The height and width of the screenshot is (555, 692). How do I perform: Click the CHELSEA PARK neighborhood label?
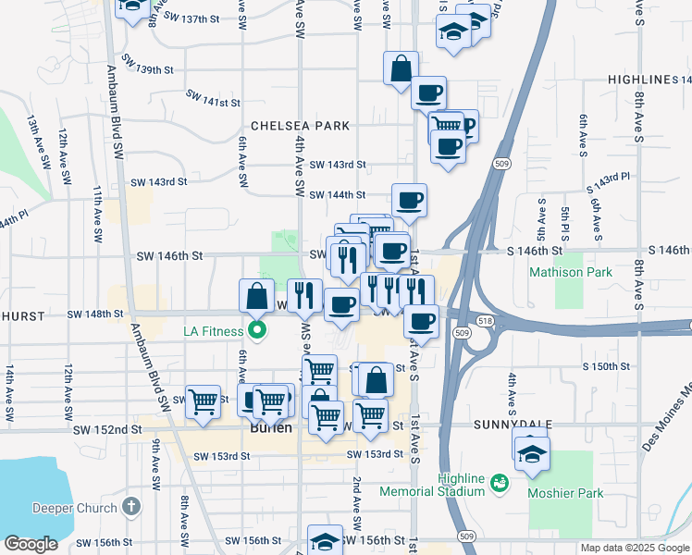click(300, 126)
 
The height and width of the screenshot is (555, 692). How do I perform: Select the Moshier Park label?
click(565, 493)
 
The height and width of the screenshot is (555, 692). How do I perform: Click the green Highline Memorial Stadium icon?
click(500, 483)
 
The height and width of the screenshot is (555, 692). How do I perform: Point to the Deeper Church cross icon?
click(131, 507)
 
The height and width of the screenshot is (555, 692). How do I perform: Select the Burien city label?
click(271, 429)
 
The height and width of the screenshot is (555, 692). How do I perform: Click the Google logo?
click(31, 544)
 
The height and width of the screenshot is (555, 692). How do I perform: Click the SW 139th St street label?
click(142, 69)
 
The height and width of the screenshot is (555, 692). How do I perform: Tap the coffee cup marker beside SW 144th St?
click(409, 200)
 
